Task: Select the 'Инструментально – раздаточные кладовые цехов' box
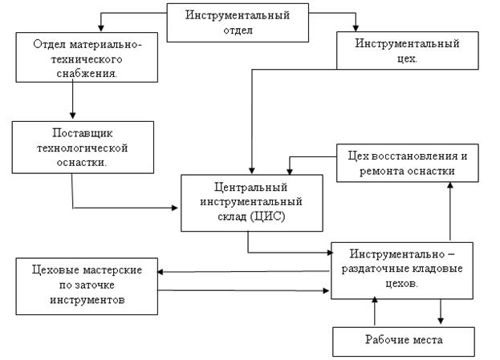click(x=402, y=269)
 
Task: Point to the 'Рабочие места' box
click(x=402, y=341)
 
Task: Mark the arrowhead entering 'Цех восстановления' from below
click(x=449, y=184)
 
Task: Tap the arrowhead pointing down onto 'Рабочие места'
click(x=441, y=320)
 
